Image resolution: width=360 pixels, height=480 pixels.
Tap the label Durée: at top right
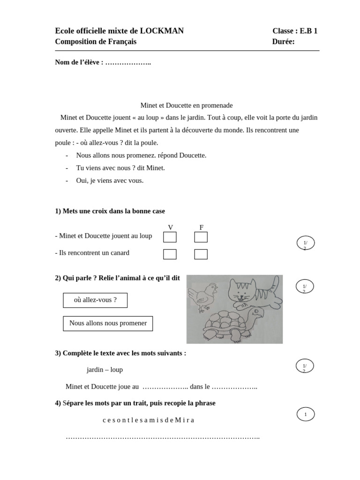coord(283,42)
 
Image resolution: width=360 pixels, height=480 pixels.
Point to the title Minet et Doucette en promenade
coord(187,105)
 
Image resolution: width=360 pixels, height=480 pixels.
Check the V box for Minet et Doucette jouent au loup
coord(170,237)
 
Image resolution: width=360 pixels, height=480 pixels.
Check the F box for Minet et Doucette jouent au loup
coord(201,237)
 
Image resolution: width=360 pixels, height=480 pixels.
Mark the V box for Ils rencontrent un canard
coord(170,254)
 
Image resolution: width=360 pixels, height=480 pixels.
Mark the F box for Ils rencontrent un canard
coord(201,254)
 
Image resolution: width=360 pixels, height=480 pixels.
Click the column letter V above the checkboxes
coord(171,227)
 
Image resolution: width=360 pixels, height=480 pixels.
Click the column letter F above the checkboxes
coord(202,227)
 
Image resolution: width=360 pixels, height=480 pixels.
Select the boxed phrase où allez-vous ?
coord(95,300)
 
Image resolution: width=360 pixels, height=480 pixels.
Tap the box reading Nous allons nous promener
coord(108,323)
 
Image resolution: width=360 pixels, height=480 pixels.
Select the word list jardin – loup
coord(105,369)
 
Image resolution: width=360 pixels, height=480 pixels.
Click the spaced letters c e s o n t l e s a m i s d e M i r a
coord(148,420)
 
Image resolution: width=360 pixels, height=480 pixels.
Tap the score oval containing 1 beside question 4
coord(306,414)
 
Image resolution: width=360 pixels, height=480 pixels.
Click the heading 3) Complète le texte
coord(120,353)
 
